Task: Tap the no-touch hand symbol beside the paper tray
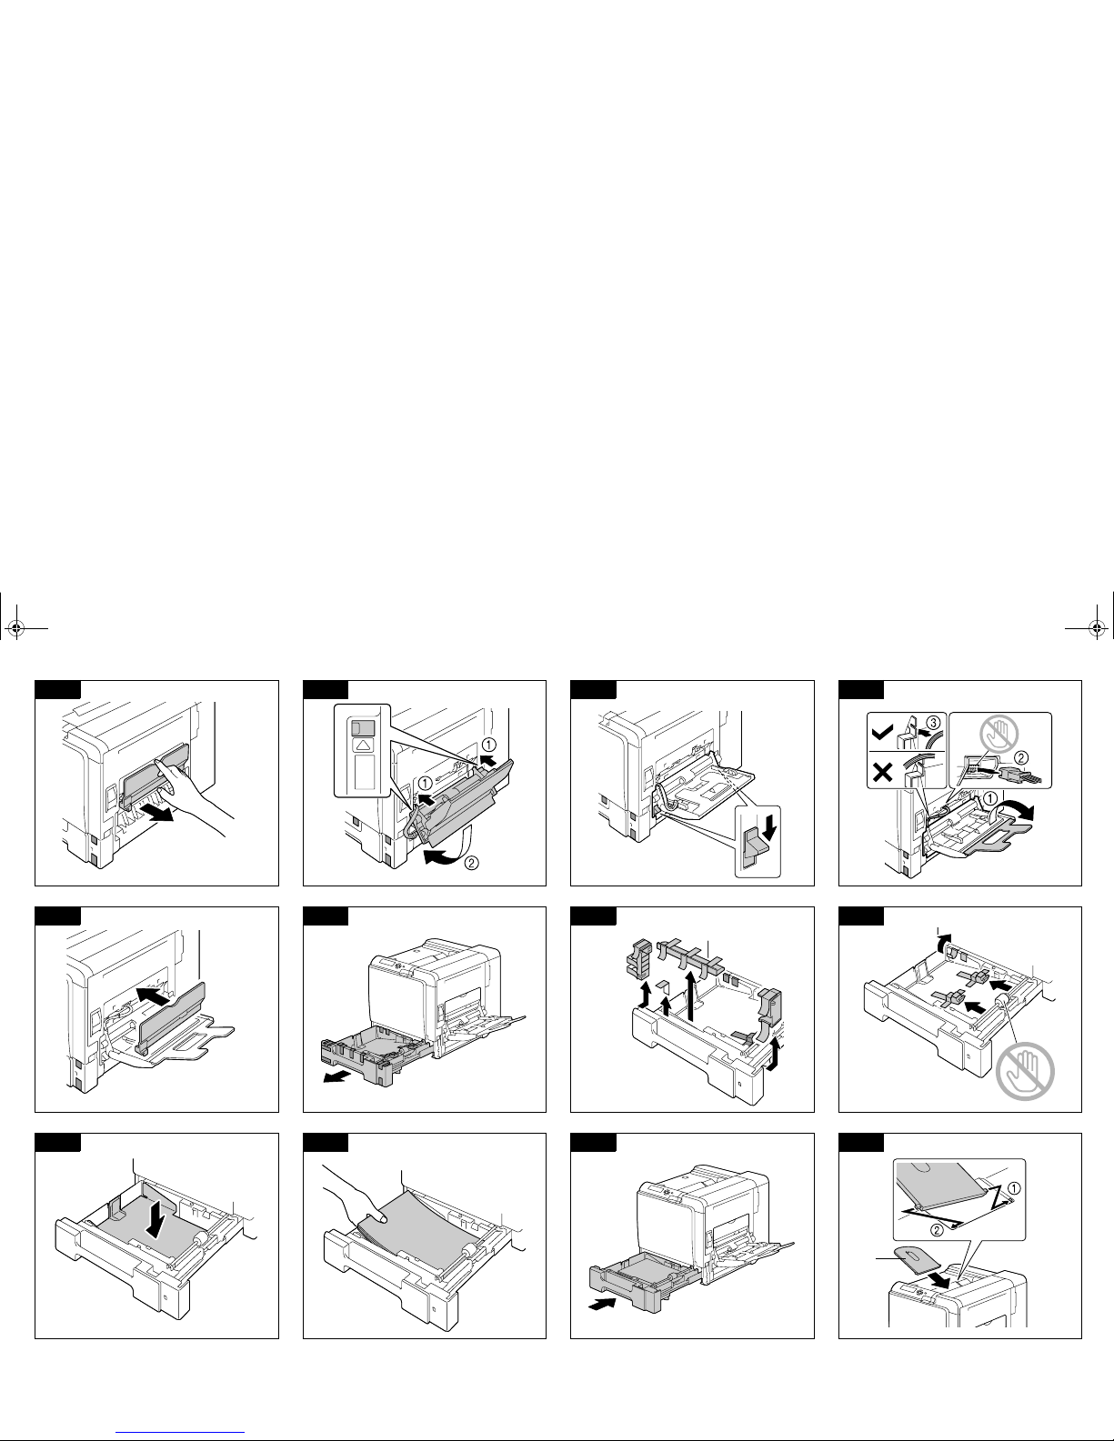click(x=1025, y=1069)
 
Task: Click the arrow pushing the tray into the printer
click(x=601, y=1303)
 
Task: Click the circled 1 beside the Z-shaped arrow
click(x=1014, y=1186)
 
